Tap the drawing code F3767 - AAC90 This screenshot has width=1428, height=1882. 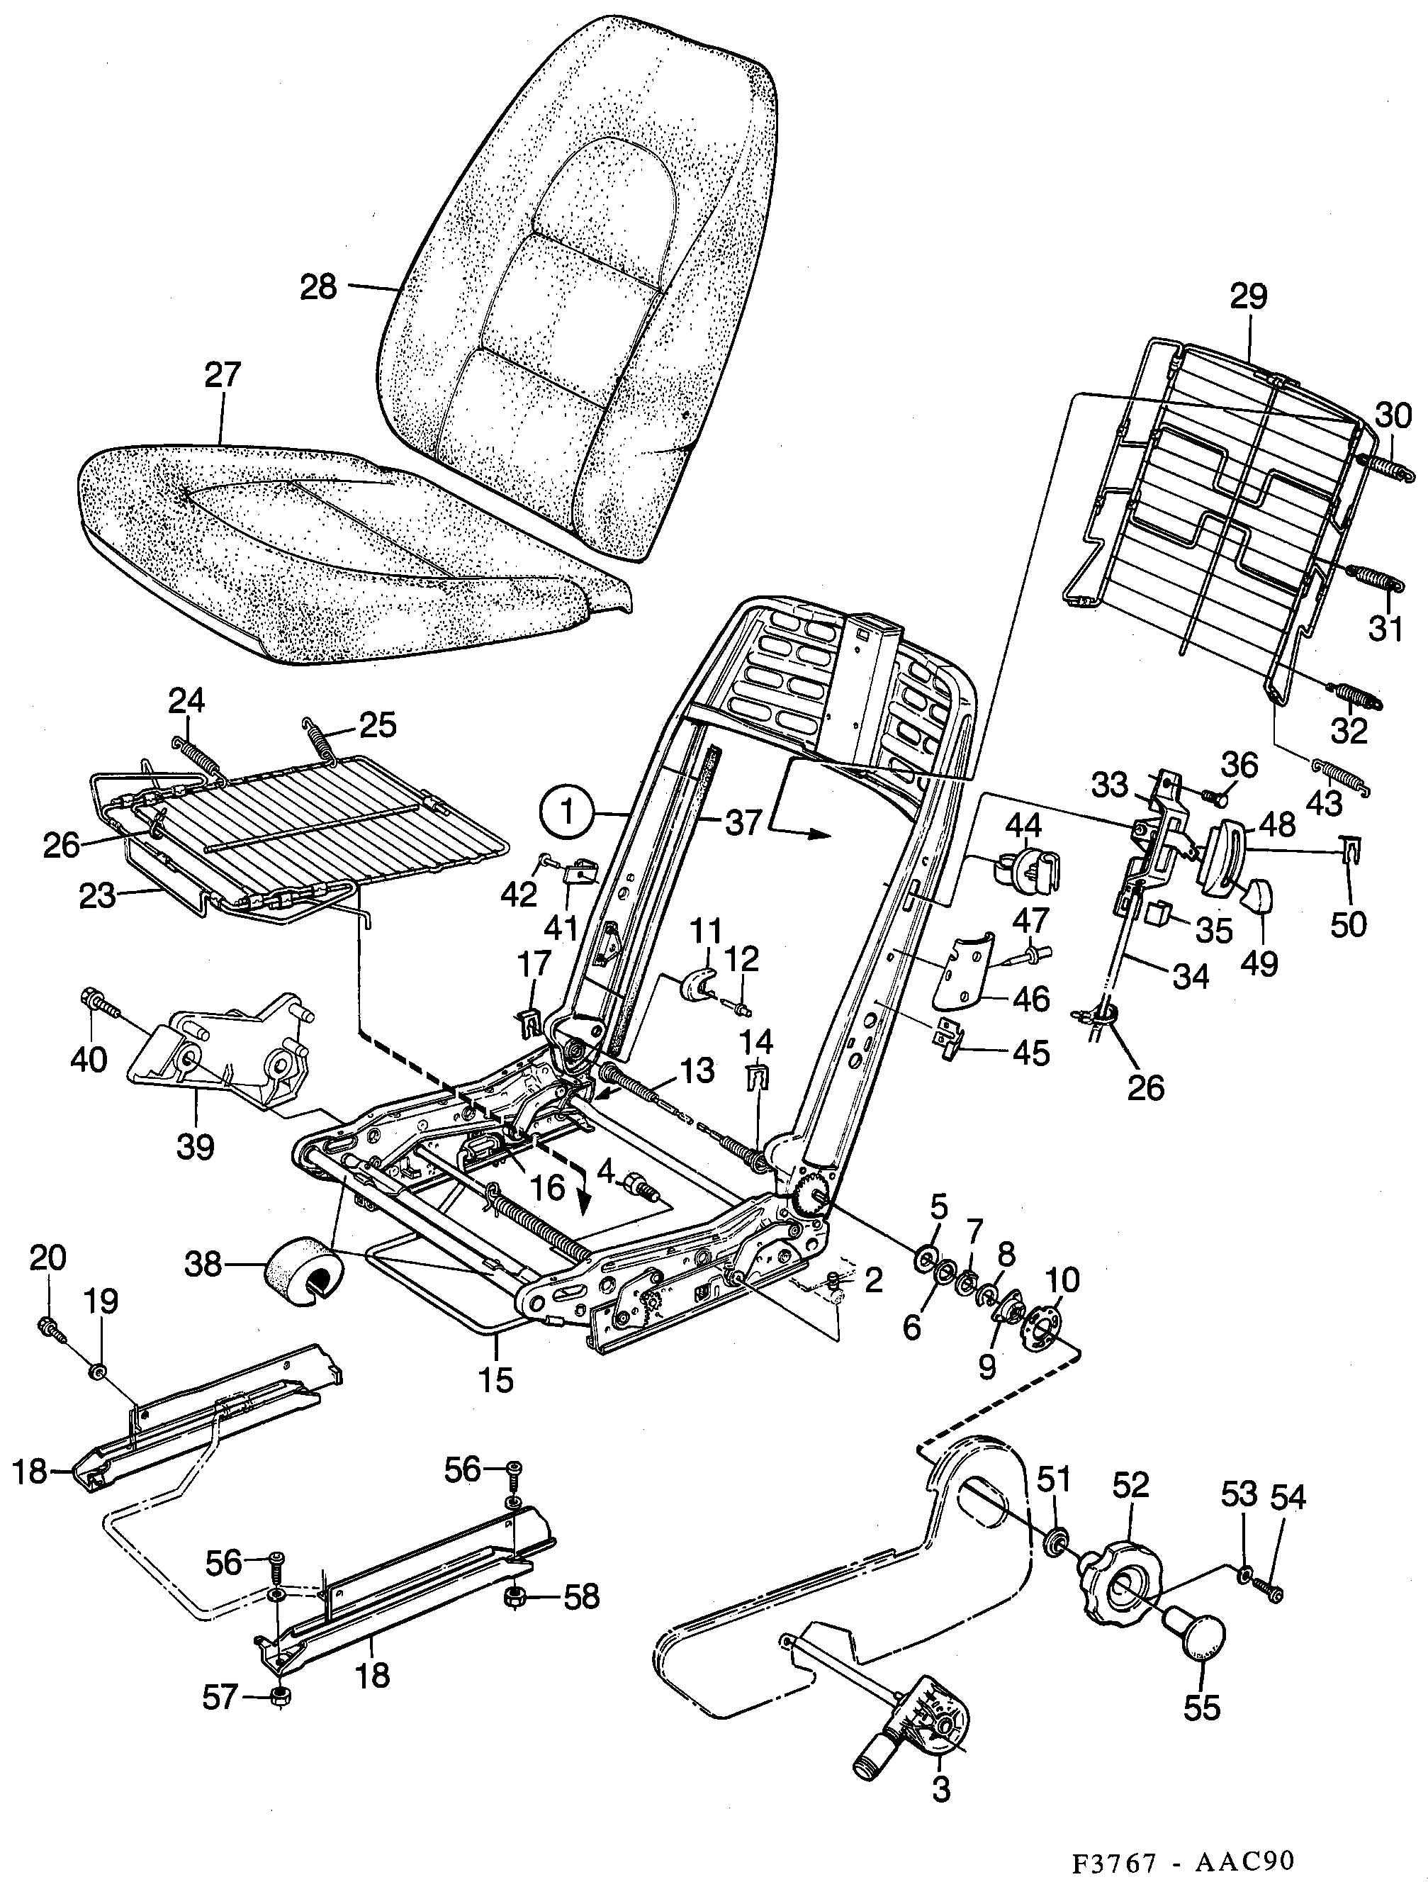1183,1858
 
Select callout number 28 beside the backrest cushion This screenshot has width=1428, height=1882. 318,286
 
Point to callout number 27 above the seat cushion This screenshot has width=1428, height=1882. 222,375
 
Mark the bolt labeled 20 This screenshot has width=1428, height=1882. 48,1326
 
